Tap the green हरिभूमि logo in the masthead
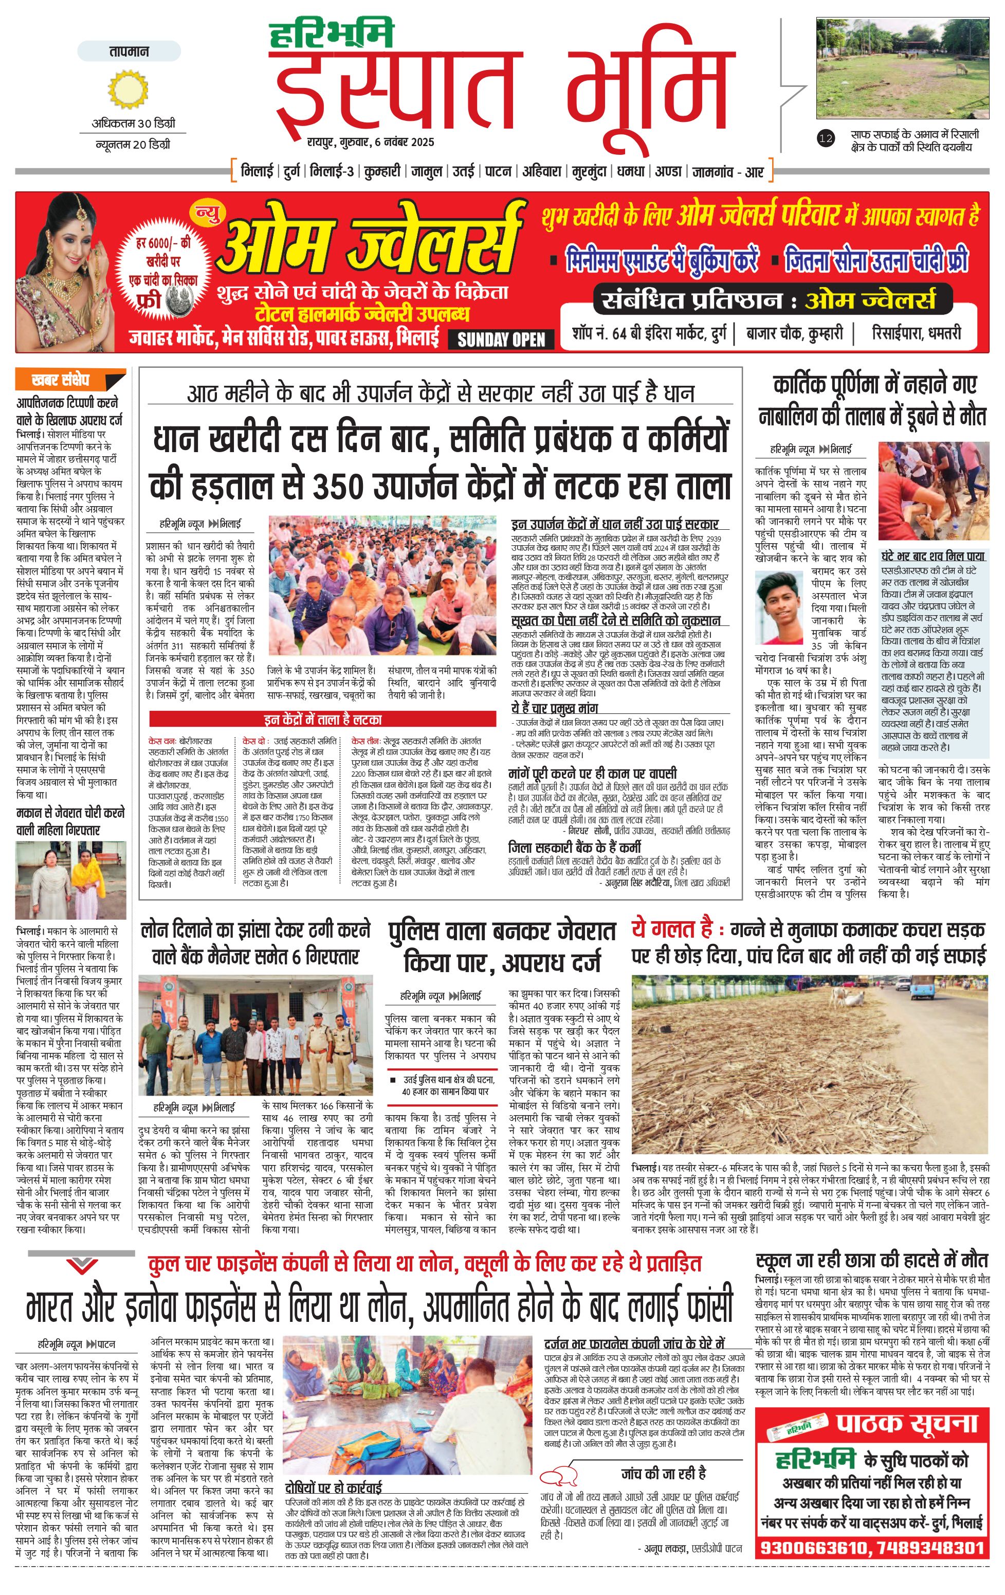[331, 34]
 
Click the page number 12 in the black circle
[825, 138]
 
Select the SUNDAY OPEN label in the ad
[501, 340]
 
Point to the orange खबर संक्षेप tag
[69, 380]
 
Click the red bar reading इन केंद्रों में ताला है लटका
[322, 720]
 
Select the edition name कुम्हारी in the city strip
[381, 172]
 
